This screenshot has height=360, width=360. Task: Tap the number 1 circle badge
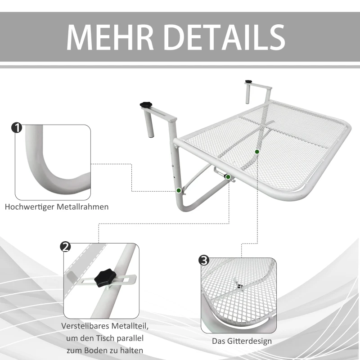17,128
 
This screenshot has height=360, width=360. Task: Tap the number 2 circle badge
65,247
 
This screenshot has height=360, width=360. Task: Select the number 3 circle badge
203,260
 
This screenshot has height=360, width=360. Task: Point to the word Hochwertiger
28,207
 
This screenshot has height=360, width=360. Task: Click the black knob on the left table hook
146,104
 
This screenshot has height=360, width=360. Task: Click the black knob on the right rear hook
248,81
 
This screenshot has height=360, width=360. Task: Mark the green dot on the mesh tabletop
257,152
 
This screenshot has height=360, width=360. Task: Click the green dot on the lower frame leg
179,191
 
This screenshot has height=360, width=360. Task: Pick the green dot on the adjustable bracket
228,177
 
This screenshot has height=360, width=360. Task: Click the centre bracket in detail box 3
238,284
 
